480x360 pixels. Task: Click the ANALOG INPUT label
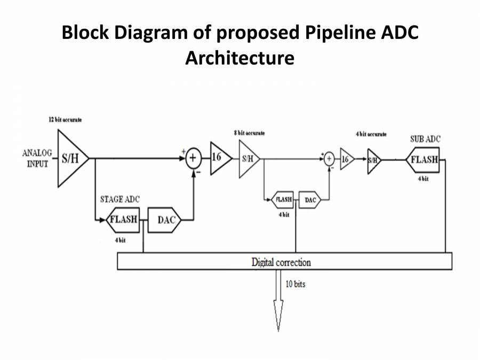pos(37,158)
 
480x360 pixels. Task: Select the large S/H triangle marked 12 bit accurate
pos(70,158)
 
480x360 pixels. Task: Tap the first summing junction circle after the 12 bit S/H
pos(193,158)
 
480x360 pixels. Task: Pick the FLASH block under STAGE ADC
pos(124,220)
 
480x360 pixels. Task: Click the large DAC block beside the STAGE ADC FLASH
pos(166,220)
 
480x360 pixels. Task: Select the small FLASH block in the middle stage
pos(283,199)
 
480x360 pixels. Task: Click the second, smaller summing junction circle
pos(330,158)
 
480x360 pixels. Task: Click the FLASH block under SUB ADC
pos(423,159)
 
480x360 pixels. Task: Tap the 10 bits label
pos(295,284)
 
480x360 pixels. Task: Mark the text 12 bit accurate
pos(65,121)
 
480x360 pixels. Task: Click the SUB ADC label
pos(425,139)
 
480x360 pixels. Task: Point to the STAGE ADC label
pos(120,199)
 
